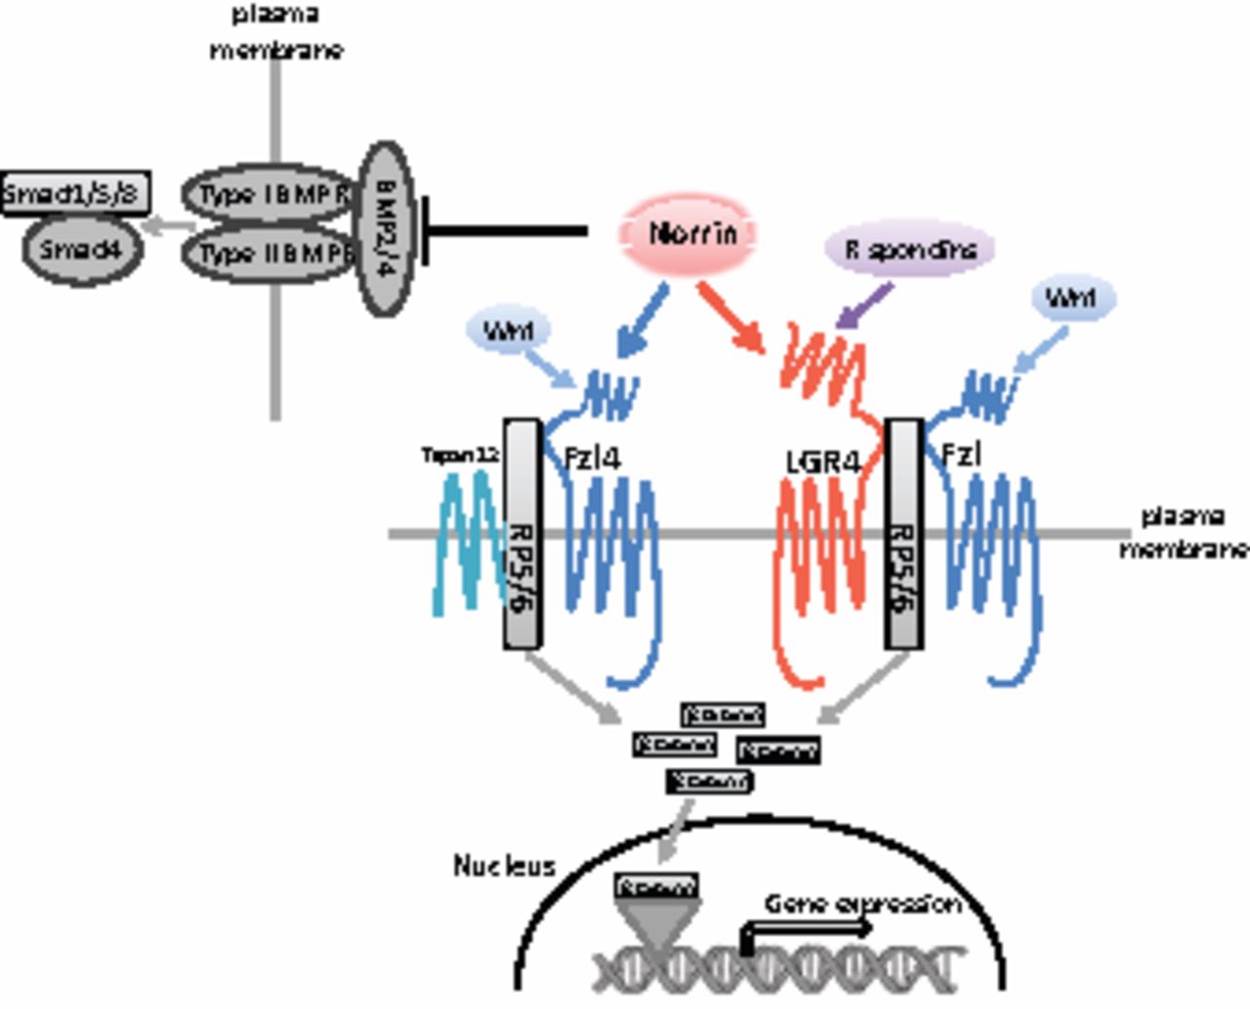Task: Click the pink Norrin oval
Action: pyautogui.click(x=690, y=233)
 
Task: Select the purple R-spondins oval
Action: pyautogui.click(x=910, y=250)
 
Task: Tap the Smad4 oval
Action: pyautogui.click(x=82, y=250)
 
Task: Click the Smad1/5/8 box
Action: pyautogui.click(x=74, y=192)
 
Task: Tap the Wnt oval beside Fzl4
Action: pyautogui.click(x=509, y=331)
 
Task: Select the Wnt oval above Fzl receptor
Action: pyautogui.click(x=1070, y=298)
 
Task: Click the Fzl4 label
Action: pyautogui.click(x=592, y=457)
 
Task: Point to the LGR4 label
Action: pyautogui.click(x=822, y=461)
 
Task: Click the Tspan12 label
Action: pyautogui.click(x=460, y=455)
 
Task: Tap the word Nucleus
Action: pyautogui.click(x=504, y=866)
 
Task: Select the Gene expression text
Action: pyautogui.click(x=861, y=904)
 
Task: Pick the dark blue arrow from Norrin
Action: pyautogui.click(x=643, y=321)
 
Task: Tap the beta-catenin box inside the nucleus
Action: pyautogui.click(x=656, y=887)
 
